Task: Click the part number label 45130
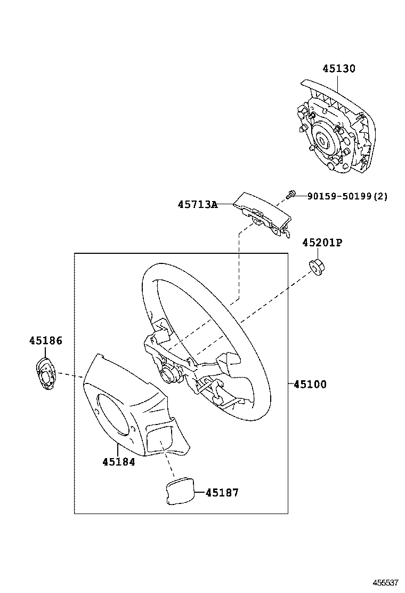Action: pyautogui.click(x=338, y=69)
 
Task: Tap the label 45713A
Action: pyautogui.click(x=198, y=204)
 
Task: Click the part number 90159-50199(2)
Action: pyautogui.click(x=347, y=196)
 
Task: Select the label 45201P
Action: pyautogui.click(x=322, y=243)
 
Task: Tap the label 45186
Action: pyautogui.click(x=45, y=340)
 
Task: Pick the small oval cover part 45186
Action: pyautogui.click(x=45, y=374)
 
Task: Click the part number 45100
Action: pyautogui.click(x=310, y=384)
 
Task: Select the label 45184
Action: pyautogui.click(x=118, y=462)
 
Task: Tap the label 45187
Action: pyautogui.click(x=222, y=493)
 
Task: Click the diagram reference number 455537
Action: pyautogui.click(x=386, y=583)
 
